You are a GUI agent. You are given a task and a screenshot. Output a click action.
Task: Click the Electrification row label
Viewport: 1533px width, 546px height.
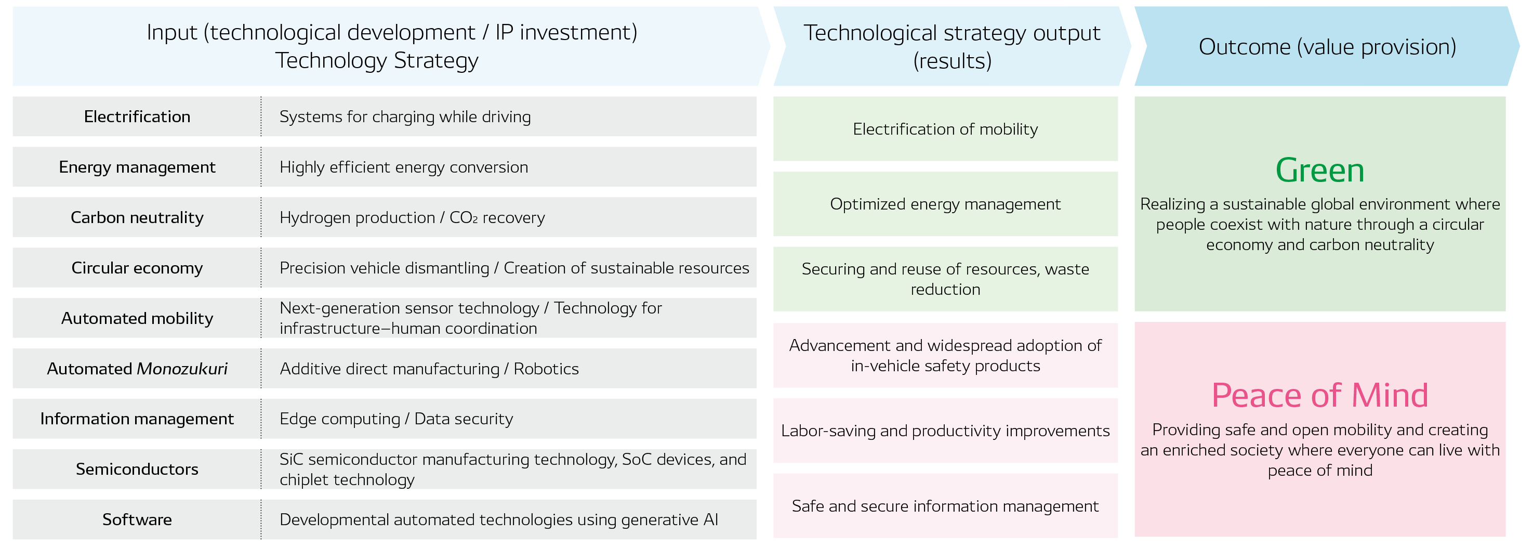(x=137, y=116)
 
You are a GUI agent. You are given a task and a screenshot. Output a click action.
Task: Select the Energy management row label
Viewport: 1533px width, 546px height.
(x=137, y=167)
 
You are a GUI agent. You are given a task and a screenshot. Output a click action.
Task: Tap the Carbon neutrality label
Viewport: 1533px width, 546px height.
(x=137, y=217)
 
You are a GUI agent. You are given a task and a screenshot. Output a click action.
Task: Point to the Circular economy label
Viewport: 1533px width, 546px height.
(x=137, y=268)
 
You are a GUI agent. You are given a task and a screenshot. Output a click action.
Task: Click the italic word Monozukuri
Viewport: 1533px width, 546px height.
(x=182, y=369)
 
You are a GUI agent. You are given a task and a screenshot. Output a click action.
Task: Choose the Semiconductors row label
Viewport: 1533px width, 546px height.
(x=137, y=469)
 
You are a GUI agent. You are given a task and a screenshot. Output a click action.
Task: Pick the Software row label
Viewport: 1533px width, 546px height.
(x=137, y=520)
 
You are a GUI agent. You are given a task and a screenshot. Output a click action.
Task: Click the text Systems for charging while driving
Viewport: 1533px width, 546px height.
(x=405, y=116)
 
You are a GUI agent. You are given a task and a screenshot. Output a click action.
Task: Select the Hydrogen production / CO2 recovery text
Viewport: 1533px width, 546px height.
(x=412, y=217)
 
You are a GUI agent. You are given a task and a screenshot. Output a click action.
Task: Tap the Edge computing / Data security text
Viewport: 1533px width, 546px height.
(x=396, y=419)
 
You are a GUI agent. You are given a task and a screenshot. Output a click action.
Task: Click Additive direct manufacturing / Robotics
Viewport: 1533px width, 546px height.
(x=429, y=369)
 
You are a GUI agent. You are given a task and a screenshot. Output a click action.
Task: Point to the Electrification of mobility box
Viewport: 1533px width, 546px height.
(x=945, y=129)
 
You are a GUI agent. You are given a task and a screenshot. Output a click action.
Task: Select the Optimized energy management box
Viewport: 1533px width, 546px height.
(x=945, y=204)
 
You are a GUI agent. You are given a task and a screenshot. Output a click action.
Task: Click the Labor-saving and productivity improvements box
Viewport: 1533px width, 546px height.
(x=945, y=431)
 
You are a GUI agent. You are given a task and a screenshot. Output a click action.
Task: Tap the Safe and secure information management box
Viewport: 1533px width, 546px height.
(x=945, y=506)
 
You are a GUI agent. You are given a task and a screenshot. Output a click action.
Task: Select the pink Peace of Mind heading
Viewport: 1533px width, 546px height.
(x=1319, y=395)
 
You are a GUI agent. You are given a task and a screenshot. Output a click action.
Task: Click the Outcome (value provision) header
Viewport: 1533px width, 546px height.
(x=1327, y=46)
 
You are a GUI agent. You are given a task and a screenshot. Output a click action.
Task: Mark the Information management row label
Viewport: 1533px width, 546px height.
(x=137, y=419)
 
